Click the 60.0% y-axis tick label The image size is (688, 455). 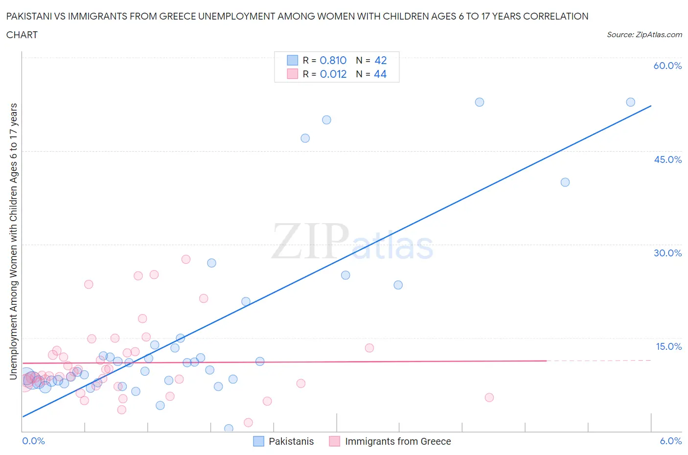667,66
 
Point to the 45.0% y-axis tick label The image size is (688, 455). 667,159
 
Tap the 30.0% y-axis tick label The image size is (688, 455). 667,253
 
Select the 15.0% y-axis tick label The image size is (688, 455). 668,346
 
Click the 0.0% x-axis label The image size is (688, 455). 33,441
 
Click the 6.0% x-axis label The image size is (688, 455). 670,441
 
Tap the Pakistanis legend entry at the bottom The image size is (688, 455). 291,441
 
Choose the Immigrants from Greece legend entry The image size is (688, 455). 397,441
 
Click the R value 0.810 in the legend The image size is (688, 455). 333,60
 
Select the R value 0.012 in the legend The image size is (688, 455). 333,74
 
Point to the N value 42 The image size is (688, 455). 380,60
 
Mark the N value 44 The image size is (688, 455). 380,74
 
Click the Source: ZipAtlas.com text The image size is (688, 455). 644,34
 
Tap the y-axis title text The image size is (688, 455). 13,241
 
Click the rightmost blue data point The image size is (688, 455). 630,102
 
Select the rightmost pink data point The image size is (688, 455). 489,397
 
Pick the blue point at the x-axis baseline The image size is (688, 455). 229,429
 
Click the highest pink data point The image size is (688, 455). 185,259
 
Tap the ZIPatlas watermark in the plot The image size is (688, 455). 352,241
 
